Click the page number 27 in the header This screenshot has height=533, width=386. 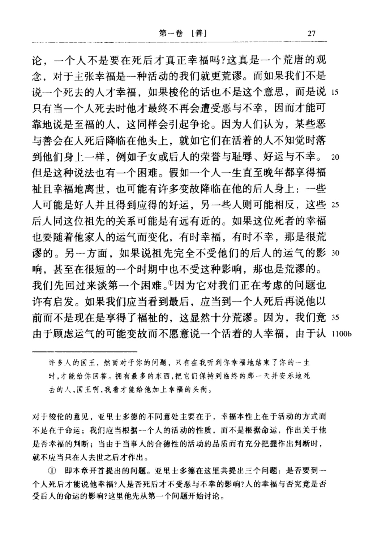(312, 34)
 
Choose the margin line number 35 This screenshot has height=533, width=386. (335, 318)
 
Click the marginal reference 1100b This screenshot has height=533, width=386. (340, 334)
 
